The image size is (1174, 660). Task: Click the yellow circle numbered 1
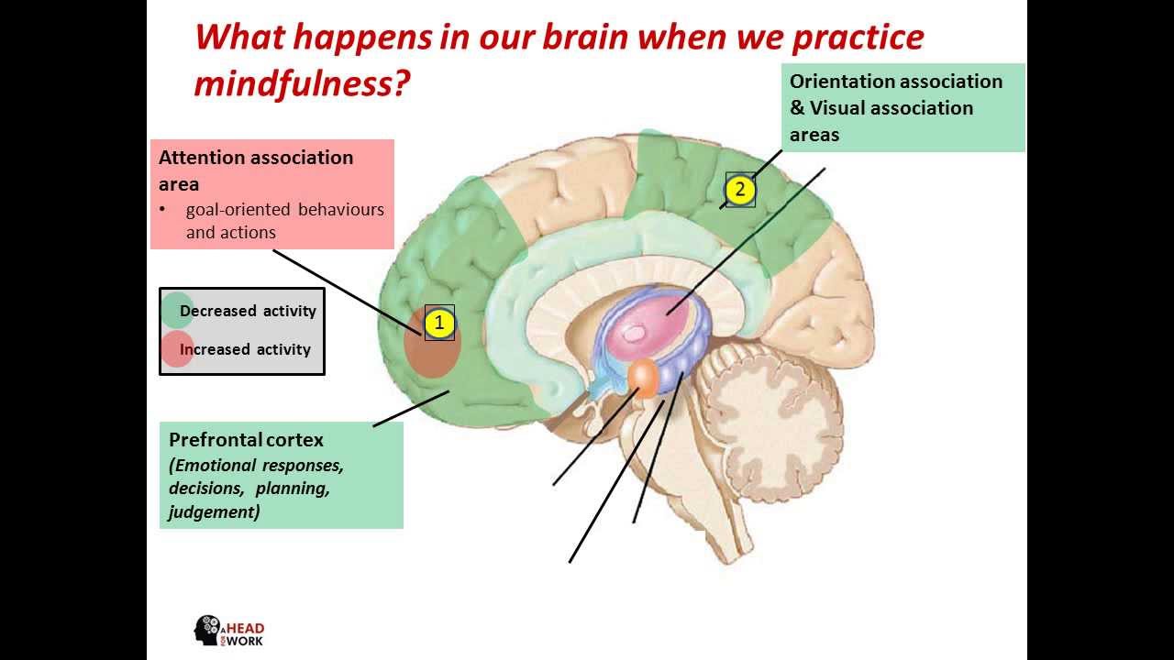439,323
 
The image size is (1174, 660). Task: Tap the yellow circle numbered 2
740,191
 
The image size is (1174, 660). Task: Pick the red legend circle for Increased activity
175,349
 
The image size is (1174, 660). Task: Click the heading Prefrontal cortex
246,439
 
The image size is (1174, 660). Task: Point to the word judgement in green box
214,511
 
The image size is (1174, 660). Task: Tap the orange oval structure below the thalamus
644,379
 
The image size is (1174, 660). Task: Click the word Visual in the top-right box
838,108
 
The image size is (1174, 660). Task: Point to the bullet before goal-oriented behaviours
163,210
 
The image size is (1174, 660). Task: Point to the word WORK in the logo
245,641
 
